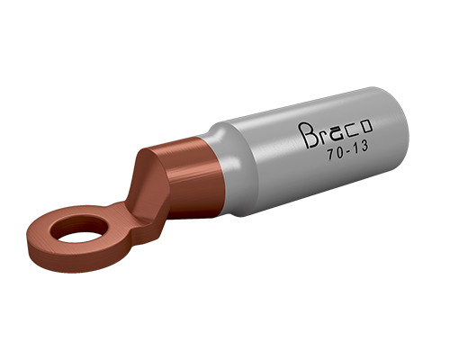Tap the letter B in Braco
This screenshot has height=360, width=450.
pyautogui.click(x=307, y=136)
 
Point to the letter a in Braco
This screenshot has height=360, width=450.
pyautogui.click(x=337, y=133)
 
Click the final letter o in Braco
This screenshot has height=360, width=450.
pyautogui.click(x=365, y=127)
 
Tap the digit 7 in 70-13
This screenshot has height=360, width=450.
pyautogui.click(x=330, y=155)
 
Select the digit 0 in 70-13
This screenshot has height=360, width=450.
pyautogui.click(x=339, y=152)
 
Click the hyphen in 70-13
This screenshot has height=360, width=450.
pyautogui.click(x=348, y=150)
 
